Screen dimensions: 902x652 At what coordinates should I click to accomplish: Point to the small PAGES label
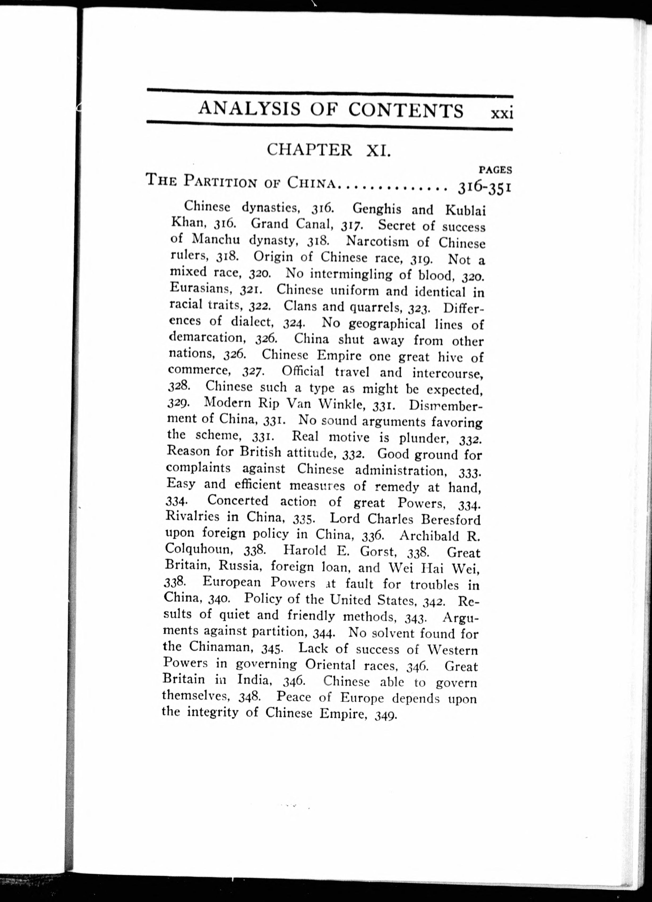pos(495,170)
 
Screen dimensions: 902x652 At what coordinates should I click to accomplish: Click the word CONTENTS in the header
pos(406,110)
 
